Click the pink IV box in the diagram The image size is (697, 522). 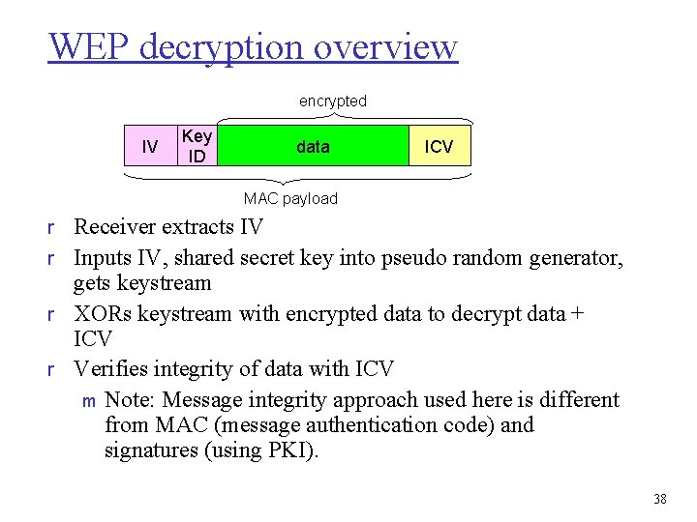tap(149, 146)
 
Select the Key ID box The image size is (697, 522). tap(197, 146)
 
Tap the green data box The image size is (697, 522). tap(313, 146)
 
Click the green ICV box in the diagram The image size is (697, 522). tap(439, 146)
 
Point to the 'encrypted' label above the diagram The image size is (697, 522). tap(332, 101)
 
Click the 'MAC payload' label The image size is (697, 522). tap(290, 199)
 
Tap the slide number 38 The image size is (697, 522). tap(660, 499)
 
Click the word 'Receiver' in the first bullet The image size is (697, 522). tap(113, 228)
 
